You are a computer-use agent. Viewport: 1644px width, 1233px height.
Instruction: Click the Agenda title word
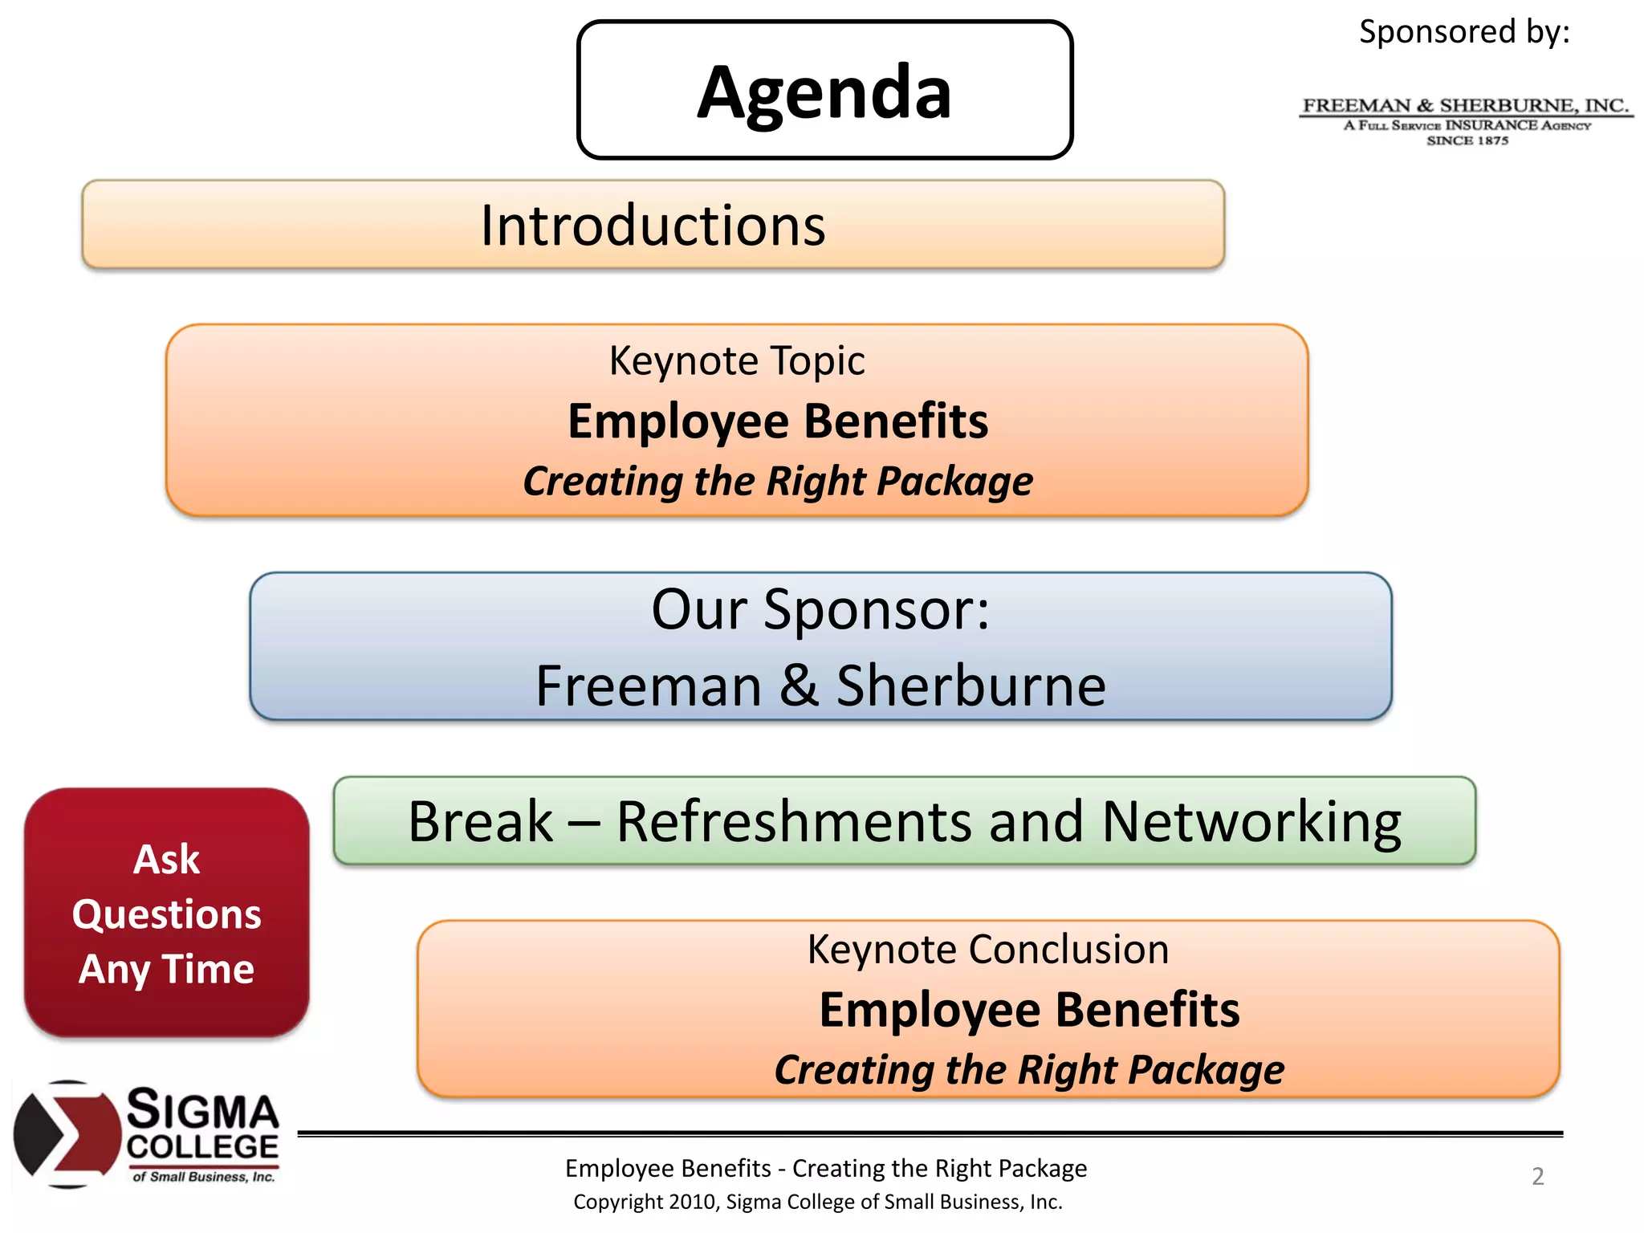(824, 93)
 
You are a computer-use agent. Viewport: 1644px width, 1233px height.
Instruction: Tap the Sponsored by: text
(1463, 32)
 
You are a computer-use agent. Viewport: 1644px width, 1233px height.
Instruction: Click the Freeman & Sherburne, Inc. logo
(1466, 120)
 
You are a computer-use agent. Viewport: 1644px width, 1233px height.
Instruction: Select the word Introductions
(653, 226)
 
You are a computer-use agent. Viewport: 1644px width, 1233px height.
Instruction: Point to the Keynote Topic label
(737, 360)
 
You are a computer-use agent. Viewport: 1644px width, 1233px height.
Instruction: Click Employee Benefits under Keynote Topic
(778, 421)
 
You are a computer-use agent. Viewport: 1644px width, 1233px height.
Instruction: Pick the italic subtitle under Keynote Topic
(778, 482)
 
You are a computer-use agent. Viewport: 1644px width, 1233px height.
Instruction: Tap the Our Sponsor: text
(820, 609)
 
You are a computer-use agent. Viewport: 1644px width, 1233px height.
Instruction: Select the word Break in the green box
(480, 822)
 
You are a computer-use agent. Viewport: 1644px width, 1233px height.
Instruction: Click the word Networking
(1251, 822)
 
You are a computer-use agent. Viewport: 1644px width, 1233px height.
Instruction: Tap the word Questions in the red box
(166, 914)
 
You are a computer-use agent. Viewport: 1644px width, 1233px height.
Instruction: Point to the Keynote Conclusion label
(988, 950)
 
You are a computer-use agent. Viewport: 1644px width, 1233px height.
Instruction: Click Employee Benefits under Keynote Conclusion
(1029, 1010)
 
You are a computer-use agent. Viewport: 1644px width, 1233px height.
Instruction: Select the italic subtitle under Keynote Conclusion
(1029, 1070)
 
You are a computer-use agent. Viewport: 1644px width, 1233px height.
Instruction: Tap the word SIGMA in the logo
(203, 1110)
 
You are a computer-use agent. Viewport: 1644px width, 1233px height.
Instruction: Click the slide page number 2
(1537, 1176)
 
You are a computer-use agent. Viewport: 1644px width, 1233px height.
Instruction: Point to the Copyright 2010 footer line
(817, 1202)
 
